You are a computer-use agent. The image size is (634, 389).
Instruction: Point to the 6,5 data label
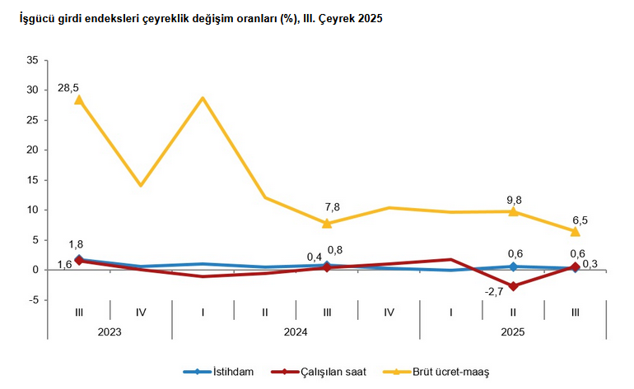580,220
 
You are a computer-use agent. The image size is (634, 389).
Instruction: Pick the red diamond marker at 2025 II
513,286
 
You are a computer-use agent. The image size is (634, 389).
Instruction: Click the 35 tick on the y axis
32,60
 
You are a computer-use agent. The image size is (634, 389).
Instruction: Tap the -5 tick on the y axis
33,300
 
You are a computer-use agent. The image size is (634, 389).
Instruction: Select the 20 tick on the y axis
32,151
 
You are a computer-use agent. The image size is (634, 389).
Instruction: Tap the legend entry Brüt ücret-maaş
450,372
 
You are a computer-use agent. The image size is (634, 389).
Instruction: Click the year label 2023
110,331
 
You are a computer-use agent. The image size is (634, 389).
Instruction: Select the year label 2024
296,331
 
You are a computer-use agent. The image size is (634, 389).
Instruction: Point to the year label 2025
512,331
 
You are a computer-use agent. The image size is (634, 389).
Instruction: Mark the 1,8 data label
75,244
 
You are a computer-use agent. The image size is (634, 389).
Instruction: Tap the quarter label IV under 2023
140,313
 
